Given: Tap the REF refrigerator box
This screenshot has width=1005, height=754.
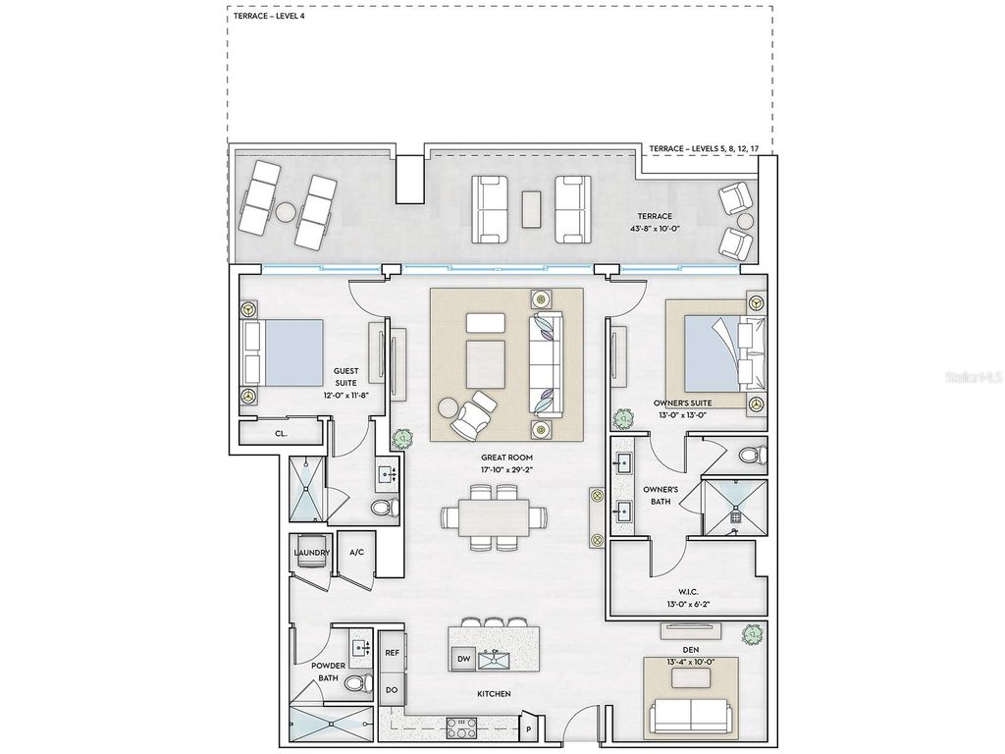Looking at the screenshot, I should (x=392, y=652).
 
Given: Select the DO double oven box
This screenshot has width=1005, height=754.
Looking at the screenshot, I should (x=392, y=689).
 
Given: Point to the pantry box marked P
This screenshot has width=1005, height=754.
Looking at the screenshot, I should (x=528, y=728).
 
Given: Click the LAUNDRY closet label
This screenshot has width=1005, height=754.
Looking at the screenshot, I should (x=311, y=553).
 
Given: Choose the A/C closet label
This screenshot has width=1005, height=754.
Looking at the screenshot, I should (x=356, y=553).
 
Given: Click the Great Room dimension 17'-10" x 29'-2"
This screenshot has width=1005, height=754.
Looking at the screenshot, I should (x=507, y=470).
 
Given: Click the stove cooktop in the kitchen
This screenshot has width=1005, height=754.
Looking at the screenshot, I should (x=462, y=727).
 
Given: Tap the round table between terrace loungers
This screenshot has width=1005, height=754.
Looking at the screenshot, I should (x=285, y=211).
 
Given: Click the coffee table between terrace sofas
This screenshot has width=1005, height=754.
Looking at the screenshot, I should (x=531, y=208).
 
